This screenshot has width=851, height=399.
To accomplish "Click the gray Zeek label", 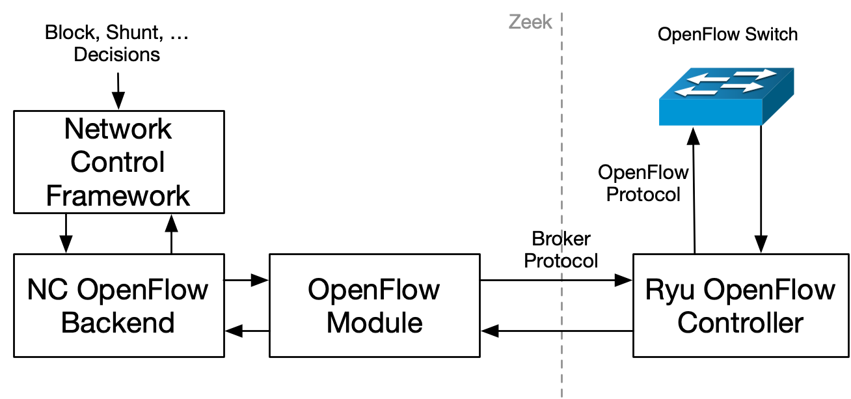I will click(x=530, y=22).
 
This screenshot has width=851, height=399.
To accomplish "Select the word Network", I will click(x=118, y=130).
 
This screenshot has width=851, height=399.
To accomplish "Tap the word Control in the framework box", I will click(x=118, y=162).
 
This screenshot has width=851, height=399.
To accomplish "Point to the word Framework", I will click(x=118, y=195).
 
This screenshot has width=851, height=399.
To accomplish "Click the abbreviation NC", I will click(x=47, y=290).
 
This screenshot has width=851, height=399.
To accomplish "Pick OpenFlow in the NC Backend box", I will click(x=142, y=290).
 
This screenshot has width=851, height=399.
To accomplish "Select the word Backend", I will click(x=118, y=323).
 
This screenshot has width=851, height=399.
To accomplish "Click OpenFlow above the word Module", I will click(x=374, y=290).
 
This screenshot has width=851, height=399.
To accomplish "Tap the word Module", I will click(x=374, y=323).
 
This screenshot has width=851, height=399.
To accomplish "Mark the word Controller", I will click(x=740, y=323).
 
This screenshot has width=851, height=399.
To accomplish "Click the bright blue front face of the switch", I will click(x=710, y=111).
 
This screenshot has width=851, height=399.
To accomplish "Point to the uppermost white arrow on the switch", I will click(x=755, y=74).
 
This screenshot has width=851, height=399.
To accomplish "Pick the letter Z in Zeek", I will click(x=514, y=22).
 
